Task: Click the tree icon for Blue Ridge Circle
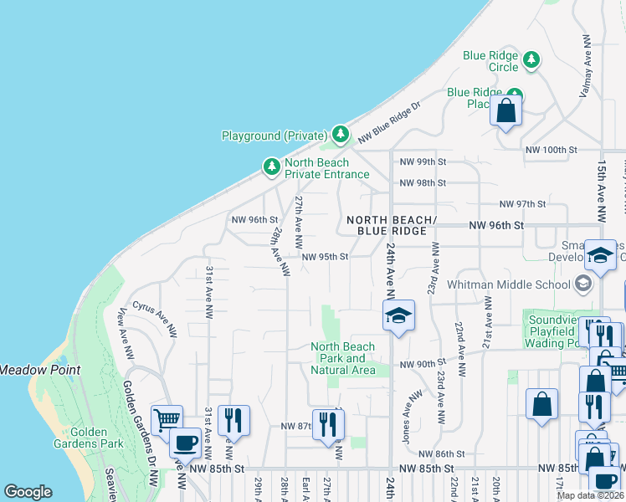(531, 59)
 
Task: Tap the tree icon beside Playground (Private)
(340, 134)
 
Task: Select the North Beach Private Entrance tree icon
(271, 168)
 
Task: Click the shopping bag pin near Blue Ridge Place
(506, 111)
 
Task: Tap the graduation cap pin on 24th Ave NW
(399, 315)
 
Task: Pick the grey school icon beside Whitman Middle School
(583, 284)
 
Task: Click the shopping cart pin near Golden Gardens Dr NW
(167, 418)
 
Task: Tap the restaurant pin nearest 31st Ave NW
(233, 418)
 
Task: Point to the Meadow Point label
(39, 369)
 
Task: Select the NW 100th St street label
(552, 149)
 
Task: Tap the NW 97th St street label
(522, 203)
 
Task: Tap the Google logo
(28, 492)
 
